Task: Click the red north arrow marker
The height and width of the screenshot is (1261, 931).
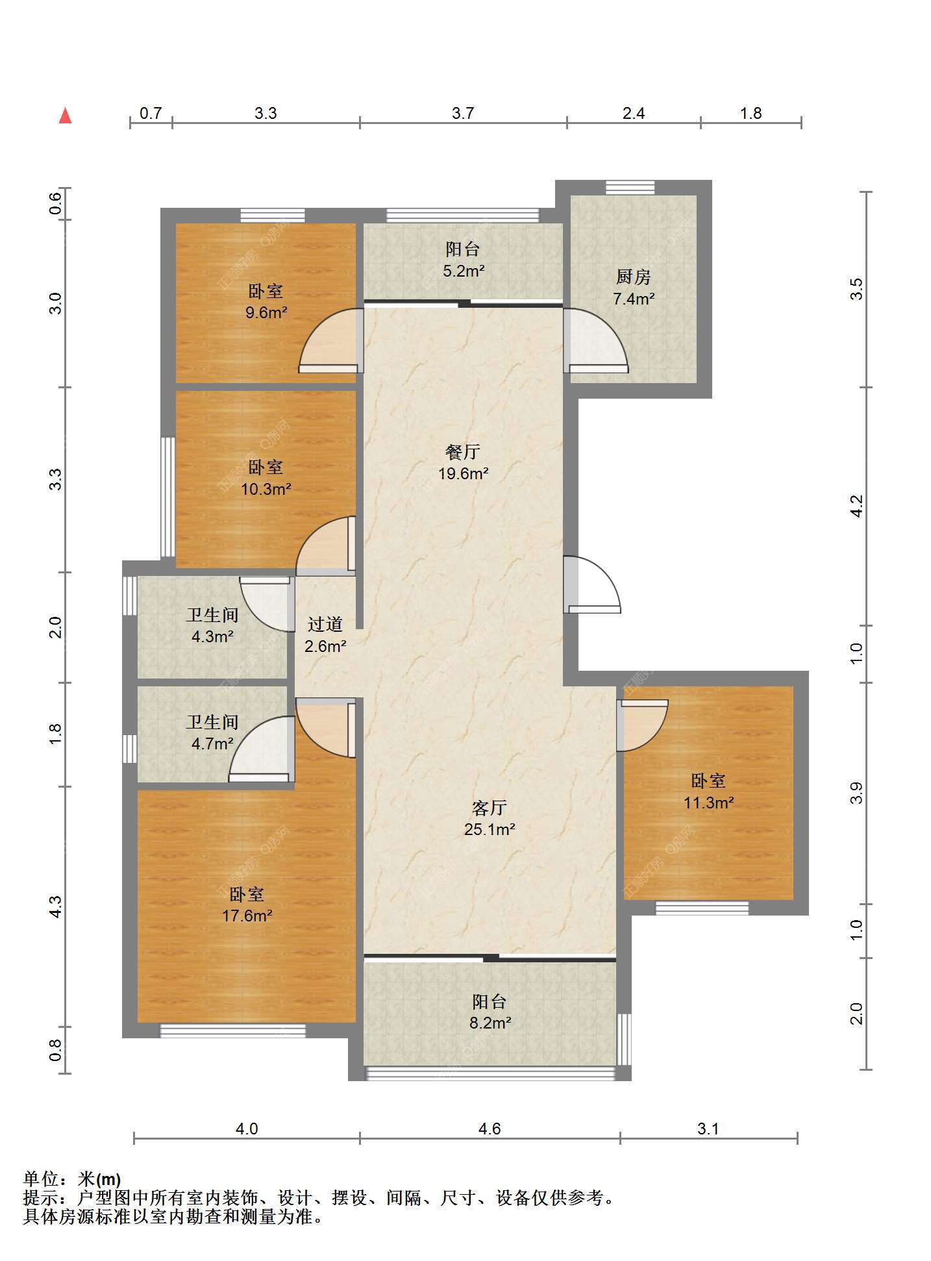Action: click(65, 116)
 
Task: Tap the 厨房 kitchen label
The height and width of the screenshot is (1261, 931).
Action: click(633, 277)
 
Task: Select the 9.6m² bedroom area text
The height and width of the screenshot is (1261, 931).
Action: click(266, 312)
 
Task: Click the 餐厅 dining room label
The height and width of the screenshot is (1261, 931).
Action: click(463, 452)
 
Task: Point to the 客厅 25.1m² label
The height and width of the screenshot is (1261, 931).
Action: click(490, 818)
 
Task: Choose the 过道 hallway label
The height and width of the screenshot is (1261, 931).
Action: click(325, 624)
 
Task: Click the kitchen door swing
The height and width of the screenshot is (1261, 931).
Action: click(596, 340)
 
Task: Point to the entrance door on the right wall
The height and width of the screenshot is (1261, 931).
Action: click(591, 584)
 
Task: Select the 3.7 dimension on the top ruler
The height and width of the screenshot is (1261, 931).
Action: click(463, 113)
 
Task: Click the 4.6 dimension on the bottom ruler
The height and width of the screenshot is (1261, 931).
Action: click(490, 1129)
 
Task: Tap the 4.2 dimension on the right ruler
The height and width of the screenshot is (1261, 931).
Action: click(856, 506)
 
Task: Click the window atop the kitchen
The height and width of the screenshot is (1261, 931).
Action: click(630, 187)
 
